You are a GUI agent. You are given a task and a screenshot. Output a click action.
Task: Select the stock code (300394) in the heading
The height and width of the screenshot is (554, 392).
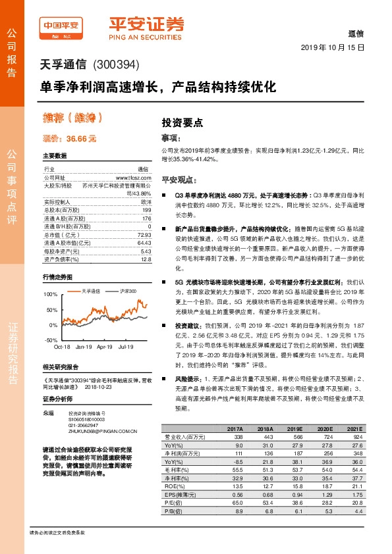(117, 65)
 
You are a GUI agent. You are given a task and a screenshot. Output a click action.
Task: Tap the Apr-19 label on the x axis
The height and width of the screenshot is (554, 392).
(105, 346)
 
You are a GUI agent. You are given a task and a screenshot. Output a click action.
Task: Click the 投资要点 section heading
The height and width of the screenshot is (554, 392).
(182, 122)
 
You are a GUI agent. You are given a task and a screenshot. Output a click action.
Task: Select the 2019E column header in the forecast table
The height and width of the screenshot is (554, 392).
(293, 428)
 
